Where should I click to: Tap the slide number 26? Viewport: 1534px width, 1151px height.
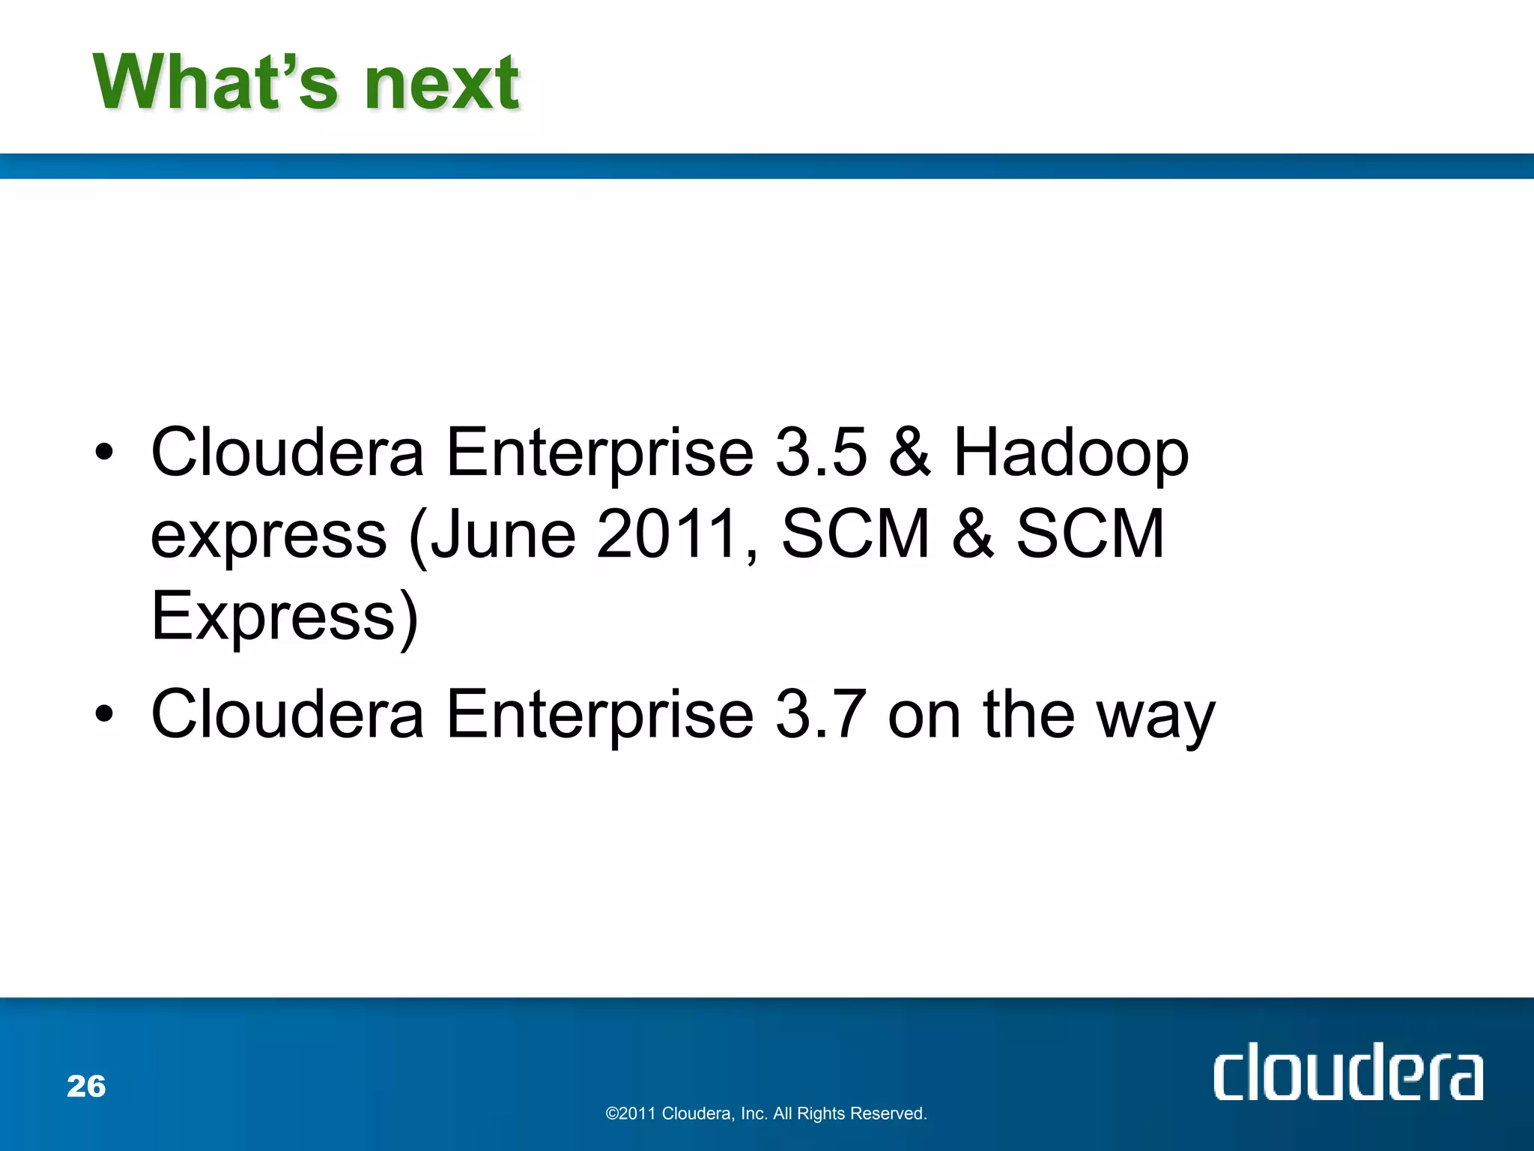86,1086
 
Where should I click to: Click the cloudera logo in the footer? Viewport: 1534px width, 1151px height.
1347,1072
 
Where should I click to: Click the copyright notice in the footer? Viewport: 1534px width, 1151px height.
766,1114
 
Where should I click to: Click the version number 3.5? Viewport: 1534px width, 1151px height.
821,452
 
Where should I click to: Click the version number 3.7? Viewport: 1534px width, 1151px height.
821,713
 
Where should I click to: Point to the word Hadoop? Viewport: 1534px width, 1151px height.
1070,454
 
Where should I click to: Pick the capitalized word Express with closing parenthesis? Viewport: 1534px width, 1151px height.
284,617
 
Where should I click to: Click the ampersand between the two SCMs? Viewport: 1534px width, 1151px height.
973,534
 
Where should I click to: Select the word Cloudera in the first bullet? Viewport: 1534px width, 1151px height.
288,452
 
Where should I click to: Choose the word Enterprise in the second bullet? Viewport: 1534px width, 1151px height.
599,715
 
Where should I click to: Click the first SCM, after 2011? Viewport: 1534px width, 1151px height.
855,534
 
